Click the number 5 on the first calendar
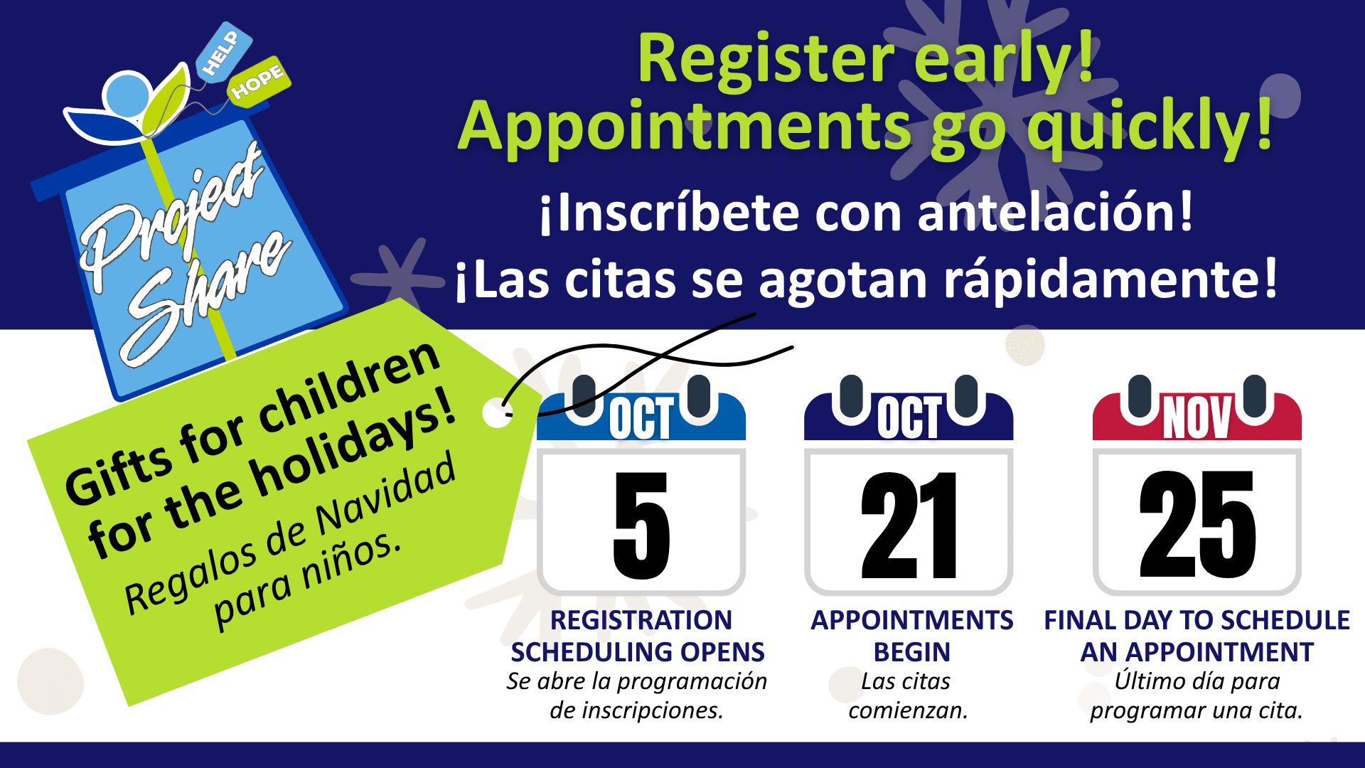[641, 526]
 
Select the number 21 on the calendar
[909, 526]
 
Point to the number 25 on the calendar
[1198, 524]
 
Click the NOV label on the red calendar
[1197, 417]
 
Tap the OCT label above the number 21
[909, 417]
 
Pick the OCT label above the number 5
[641, 419]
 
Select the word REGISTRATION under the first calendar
[641, 620]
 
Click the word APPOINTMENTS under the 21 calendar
[912, 620]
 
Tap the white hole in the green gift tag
[497, 413]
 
